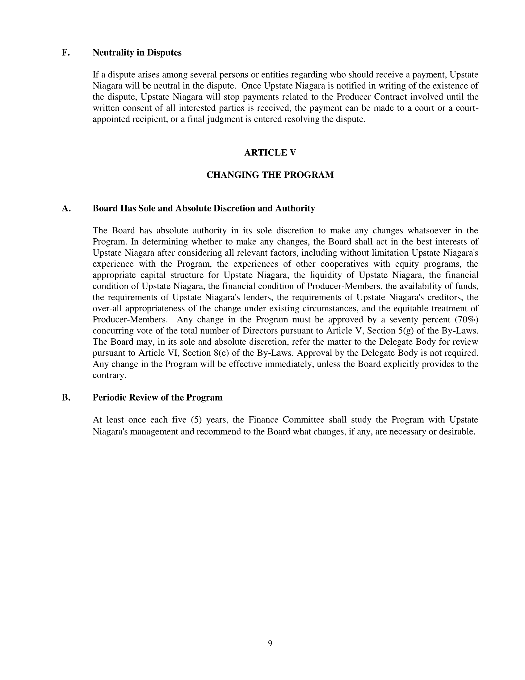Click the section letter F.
[65, 53]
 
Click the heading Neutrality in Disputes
[137, 53]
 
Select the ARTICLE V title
[270, 153]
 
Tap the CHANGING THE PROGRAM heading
[270, 175]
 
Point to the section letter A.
[66, 208]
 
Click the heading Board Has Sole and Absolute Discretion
[204, 208]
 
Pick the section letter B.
[66, 397]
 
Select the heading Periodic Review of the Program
[157, 397]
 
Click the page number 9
[270, 643]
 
